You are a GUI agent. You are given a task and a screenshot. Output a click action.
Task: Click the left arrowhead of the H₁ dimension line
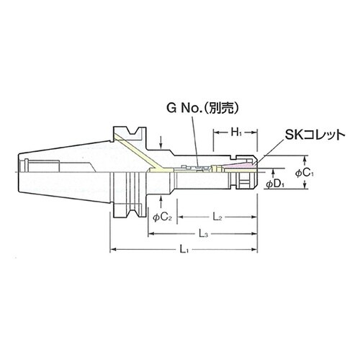(x=214, y=134)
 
